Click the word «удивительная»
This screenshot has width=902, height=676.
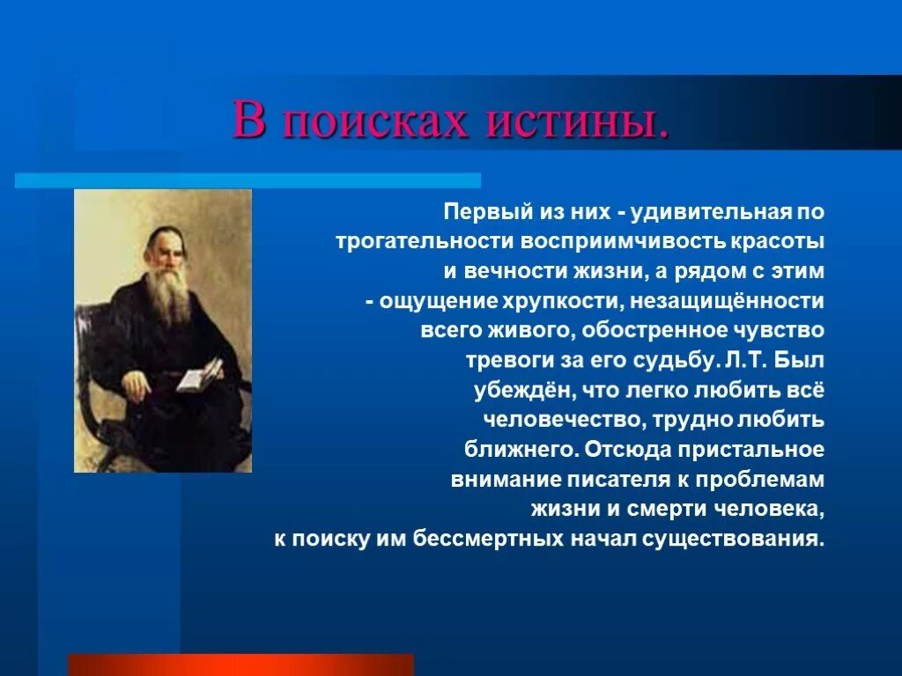tap(711, 212)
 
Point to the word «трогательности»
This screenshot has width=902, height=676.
tap(425, 242)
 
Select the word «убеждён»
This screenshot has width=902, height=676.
tap(523, 390)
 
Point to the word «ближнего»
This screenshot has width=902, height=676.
tap(521, 450)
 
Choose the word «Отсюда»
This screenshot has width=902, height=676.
tap(627, 450)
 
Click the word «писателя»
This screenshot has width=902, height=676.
tap(618, 480)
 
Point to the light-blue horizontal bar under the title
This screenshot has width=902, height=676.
tap(248, 180)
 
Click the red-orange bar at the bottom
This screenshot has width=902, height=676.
tap(241, 665)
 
